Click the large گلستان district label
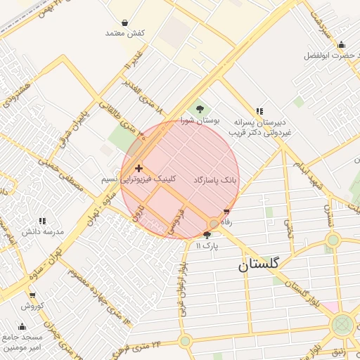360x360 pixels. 258,264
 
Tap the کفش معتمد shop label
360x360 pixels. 124,33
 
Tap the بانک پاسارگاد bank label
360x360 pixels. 217,180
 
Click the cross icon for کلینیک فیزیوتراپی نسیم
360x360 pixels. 139,169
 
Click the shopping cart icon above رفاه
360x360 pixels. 226,212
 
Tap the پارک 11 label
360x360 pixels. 207,246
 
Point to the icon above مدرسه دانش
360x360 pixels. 42,220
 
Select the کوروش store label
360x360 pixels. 32,306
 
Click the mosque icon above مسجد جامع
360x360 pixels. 22,326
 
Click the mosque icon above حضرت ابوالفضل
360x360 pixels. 342,44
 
